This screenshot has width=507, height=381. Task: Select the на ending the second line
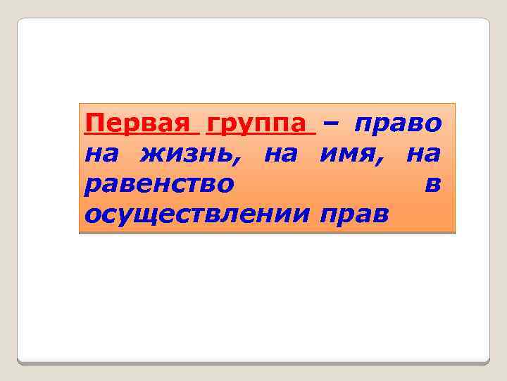[424, 153]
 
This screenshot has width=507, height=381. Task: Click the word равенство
[159, 183]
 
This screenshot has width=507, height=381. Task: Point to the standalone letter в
[434, 183]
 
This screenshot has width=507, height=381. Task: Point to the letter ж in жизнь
[150, 153]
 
